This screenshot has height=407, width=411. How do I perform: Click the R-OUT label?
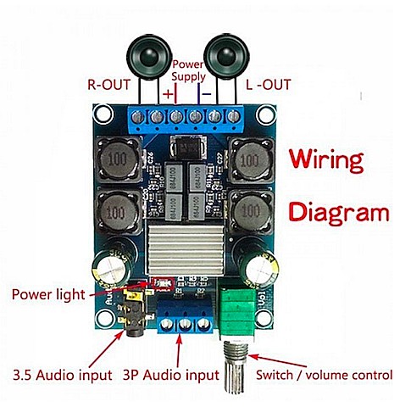pyautogui.click(x=110, y=85)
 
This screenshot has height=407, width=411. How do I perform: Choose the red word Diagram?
pyautogui.click(x=339, y=212)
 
